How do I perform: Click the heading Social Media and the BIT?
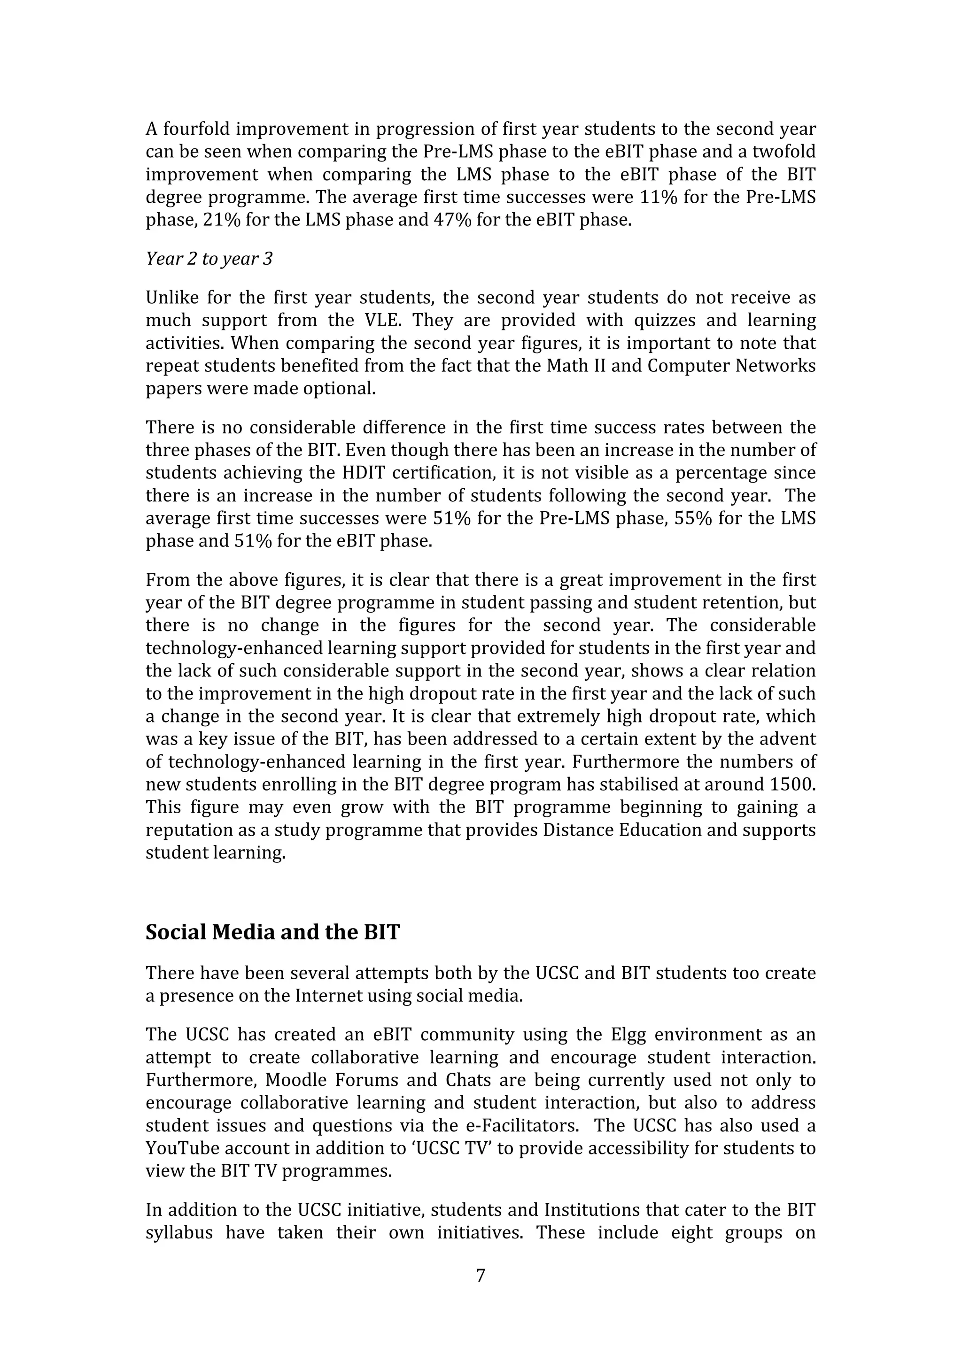click(272, 932)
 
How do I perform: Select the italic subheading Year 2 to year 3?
click(209, 259)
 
